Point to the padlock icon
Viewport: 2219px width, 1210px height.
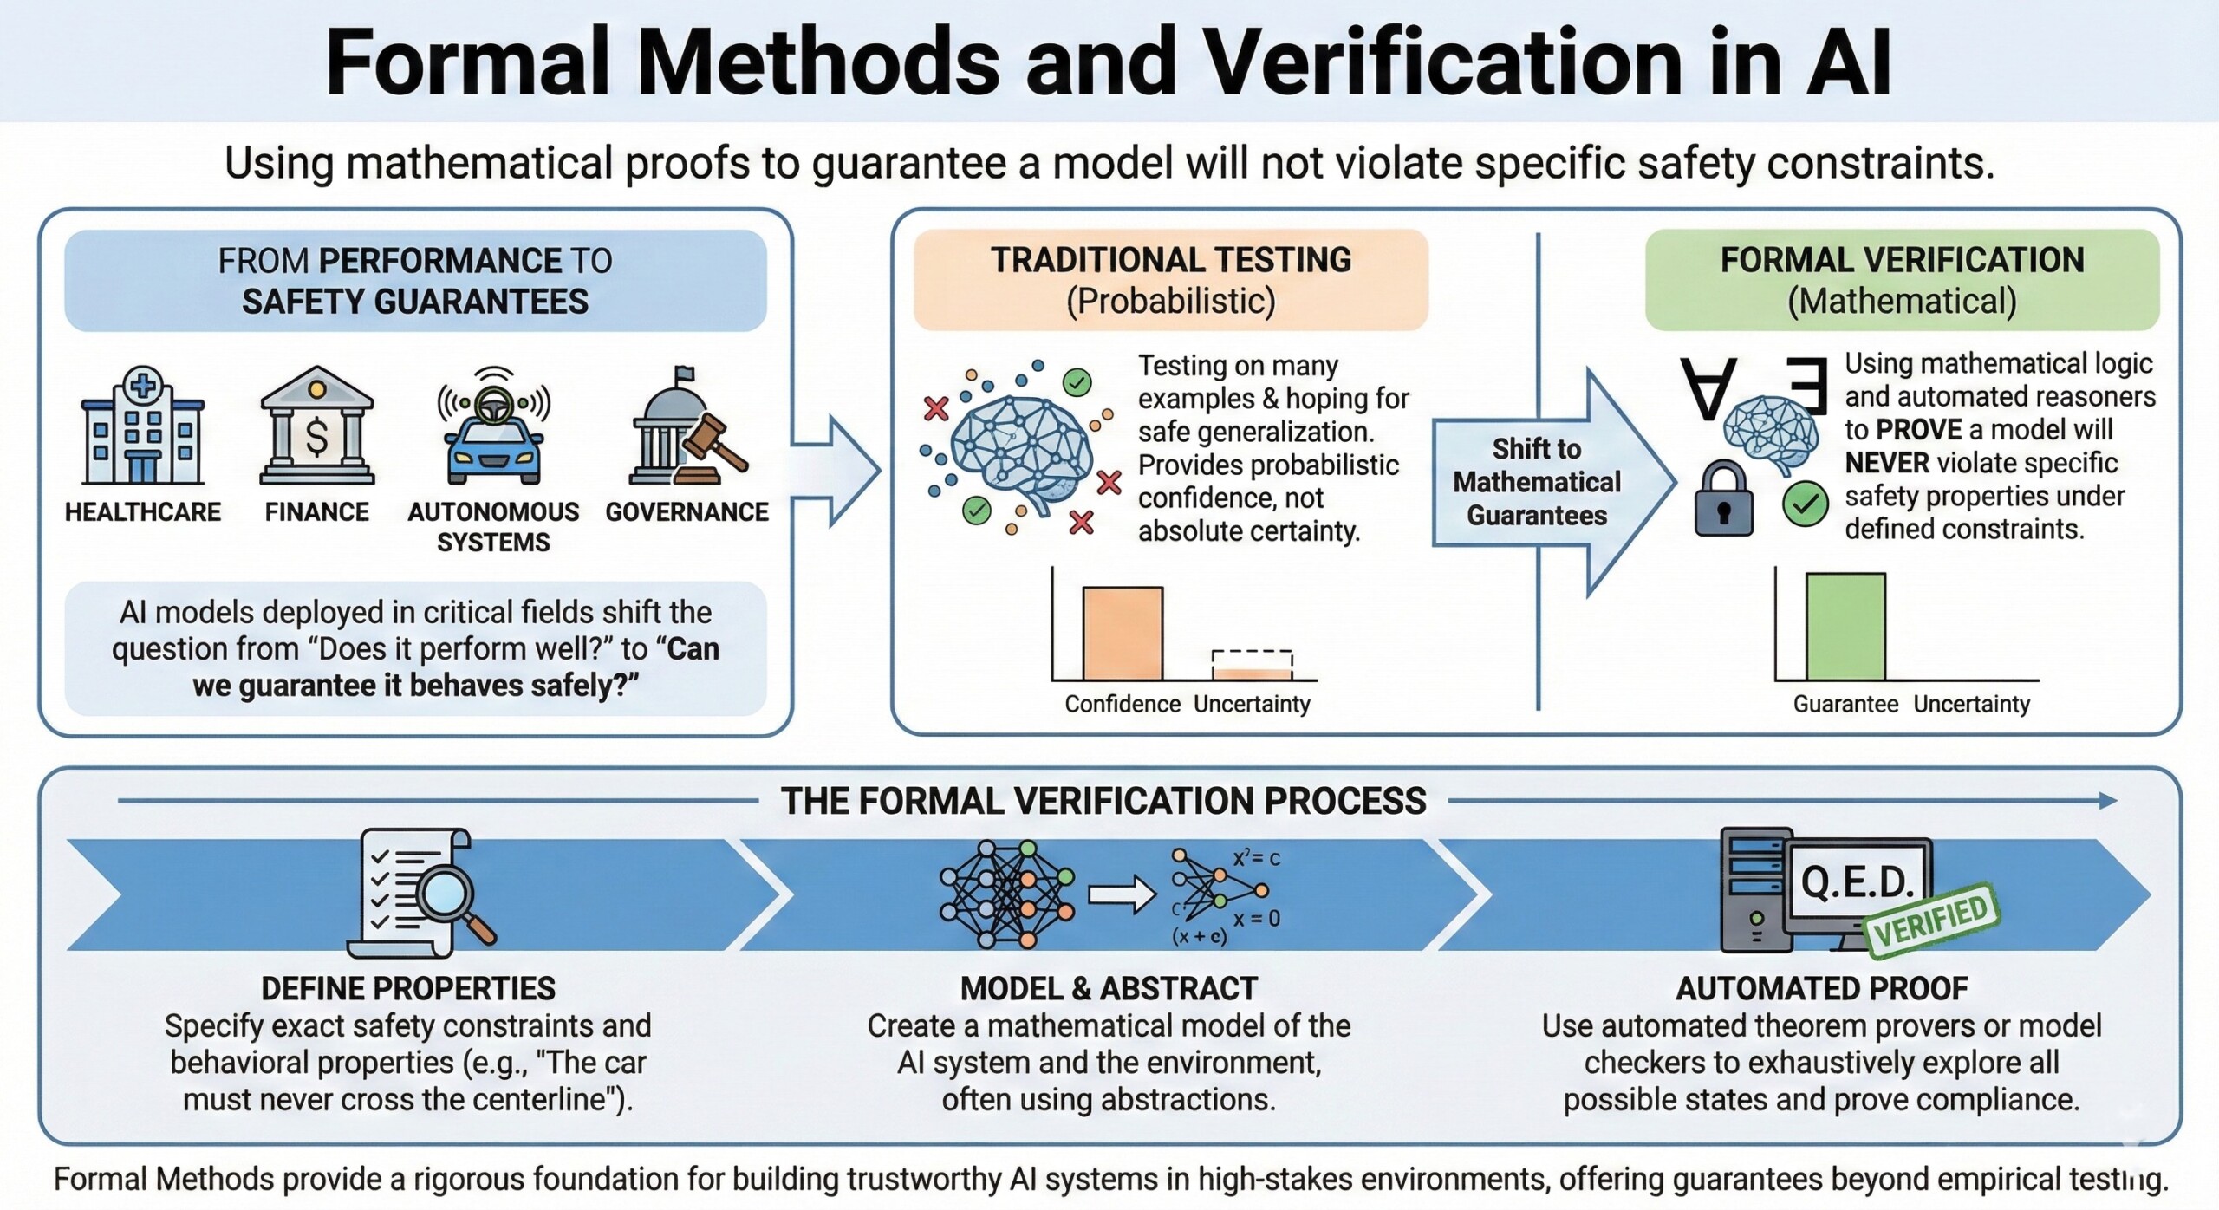coord(1723,498)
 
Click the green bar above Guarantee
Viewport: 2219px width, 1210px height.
coord(1845,627)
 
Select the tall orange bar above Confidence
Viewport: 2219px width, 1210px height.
coord(1123,634)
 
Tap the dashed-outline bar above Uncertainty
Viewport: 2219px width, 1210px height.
coord(1252,665)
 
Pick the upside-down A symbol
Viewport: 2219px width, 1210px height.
coord(1708,388)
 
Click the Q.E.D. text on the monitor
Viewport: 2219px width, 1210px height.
coord(1857,882)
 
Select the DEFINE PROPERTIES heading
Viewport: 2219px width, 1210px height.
coord(408,988)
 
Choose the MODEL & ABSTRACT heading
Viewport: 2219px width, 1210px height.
coord(1109,988)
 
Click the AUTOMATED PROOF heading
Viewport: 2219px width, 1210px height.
coord(1822,988)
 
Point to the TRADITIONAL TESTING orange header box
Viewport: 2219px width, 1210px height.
coord(1171,280)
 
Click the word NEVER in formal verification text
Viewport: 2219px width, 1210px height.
coord(1887,463)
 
